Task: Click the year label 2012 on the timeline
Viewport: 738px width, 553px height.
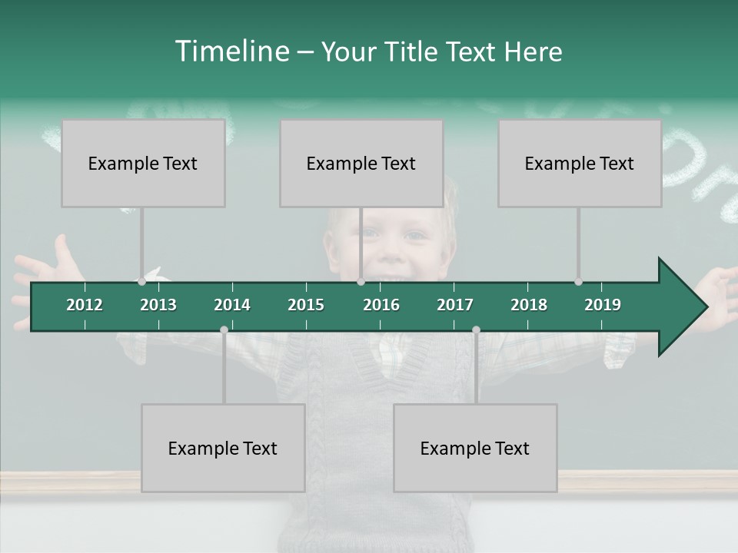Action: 85,305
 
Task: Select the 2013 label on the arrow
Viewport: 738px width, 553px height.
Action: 158,305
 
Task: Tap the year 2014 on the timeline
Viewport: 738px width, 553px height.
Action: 232,305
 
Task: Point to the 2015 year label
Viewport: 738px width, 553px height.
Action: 306,305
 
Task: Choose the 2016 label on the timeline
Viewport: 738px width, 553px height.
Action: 381,305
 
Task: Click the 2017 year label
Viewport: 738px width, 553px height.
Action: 455,305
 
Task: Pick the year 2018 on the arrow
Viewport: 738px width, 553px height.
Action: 529,305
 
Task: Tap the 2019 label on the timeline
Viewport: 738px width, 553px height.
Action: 603,305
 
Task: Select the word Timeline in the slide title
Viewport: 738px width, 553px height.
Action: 231,51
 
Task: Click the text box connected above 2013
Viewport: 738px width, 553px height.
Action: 143,163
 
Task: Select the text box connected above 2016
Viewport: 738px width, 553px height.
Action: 361,163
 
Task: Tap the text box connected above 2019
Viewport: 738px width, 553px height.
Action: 580,163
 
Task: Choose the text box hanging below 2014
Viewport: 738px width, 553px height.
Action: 223,448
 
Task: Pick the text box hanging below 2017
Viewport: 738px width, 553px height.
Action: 475,448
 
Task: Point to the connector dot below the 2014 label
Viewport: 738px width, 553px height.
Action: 224,329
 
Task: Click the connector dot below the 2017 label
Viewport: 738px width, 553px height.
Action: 476,329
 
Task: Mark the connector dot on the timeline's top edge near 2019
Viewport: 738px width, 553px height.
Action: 578,282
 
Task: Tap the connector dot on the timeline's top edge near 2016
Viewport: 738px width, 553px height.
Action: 361,282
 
